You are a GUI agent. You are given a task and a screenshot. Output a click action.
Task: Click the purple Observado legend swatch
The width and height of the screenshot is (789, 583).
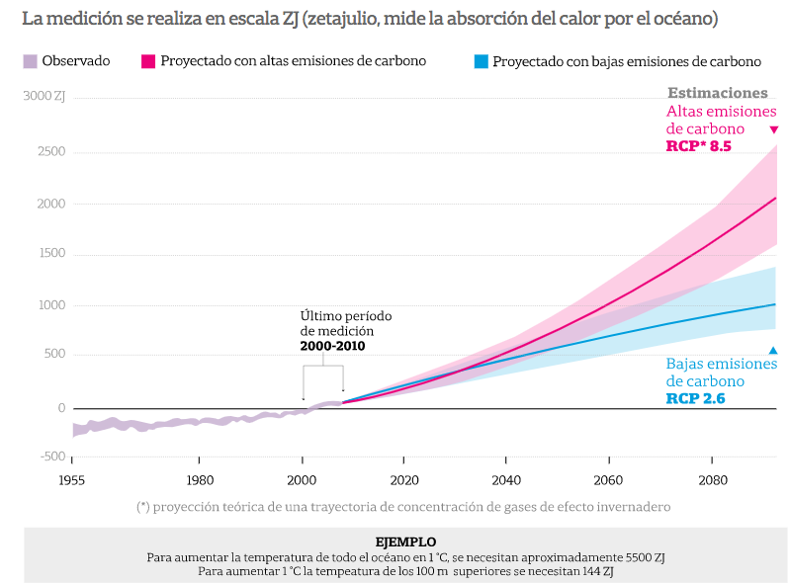tap(29, 61)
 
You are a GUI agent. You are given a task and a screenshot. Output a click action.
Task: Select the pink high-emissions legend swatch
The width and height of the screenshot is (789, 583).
tap(148, 61)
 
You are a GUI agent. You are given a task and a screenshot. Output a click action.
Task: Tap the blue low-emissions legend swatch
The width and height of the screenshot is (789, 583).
tap(481, 61)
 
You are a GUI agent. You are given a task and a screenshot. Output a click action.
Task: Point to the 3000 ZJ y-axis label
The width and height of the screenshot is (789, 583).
tap(44, 97)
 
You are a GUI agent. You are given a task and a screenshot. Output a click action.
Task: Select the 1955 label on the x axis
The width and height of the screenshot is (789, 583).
tap(71, 480)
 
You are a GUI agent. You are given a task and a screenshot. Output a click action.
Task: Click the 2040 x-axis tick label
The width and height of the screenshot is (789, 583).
tap(506, 480)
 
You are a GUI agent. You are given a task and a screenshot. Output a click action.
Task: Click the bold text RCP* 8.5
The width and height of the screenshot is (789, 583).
tap(698, 146)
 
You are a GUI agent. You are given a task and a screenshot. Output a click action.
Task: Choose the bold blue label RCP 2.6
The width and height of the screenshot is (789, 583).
tap(696, 399)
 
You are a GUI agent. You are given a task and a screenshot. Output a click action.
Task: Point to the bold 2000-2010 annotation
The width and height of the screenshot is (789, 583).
tap(333, 346)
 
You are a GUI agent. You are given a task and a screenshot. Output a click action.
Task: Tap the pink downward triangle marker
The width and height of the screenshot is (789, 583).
tap(774, 129)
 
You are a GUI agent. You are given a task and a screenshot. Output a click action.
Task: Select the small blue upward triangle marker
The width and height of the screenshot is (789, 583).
tap(773, 350)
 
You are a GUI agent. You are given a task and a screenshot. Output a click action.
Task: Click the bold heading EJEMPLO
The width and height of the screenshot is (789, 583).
tap(405, 541)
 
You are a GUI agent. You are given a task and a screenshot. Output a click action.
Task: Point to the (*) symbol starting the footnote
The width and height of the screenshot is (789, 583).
tap(143, 507)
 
